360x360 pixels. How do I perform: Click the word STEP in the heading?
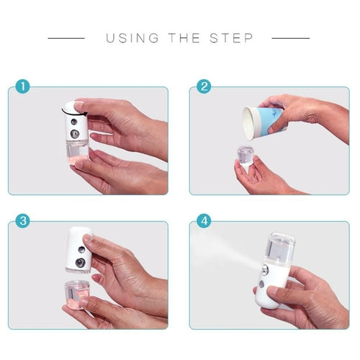point(232,38)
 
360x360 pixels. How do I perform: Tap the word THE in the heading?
point(185,38)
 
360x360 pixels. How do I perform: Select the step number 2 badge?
point(204,88)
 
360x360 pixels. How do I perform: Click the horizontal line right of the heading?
point(291,38)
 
